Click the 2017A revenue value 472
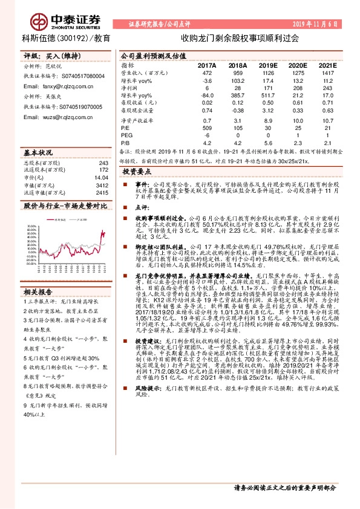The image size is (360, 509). (x=208, y=73)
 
